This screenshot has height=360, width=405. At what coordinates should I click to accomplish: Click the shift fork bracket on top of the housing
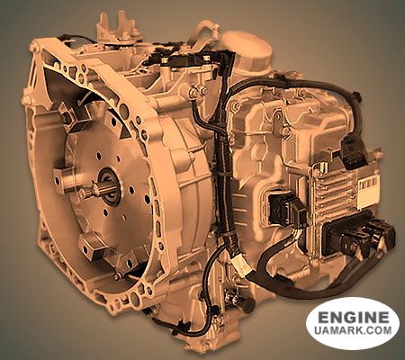[x=115, y=27]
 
